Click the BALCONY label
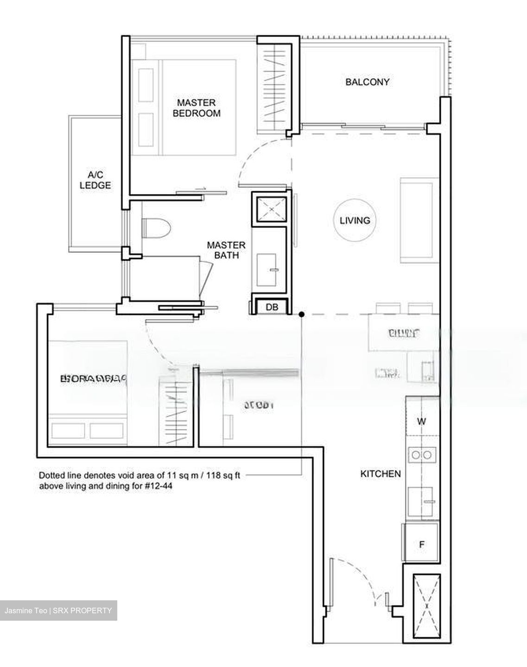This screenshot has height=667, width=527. (x=367, y=82)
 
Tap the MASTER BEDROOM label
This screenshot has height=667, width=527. (x=197, y=107)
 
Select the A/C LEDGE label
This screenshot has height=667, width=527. (x=95, y=180)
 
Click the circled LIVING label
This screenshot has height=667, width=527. (x=355, y=220)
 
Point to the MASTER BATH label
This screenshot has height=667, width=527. (x=226, y=250)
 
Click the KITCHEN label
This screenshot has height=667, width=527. (x=380, y=474)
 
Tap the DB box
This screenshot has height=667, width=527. (x=272, y=307)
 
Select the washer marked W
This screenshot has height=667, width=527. (x=421, y=422)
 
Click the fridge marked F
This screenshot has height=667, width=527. (x=422, y=544)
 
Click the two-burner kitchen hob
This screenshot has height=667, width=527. (x=422, y=455)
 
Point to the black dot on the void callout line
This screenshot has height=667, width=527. (x=301, y=315)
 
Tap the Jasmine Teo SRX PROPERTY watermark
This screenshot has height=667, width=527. (x=58, y=610)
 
